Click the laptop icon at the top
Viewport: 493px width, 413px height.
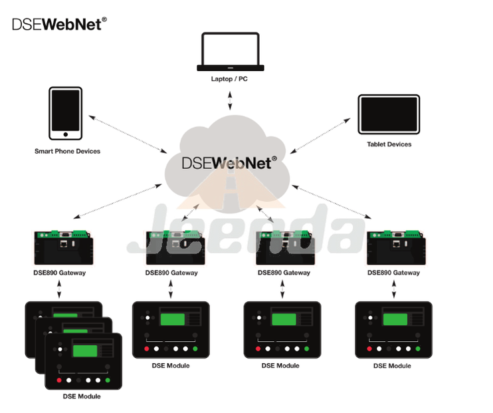(231, 51)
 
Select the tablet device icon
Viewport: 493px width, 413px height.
(389, 115)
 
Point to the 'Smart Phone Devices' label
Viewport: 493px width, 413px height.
(67, 151)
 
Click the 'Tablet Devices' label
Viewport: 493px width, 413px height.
(389, 144)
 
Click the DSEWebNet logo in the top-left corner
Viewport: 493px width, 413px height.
(59, 25)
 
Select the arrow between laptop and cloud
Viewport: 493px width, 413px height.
(231, 100)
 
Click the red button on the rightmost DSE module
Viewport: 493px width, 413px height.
(369, 348)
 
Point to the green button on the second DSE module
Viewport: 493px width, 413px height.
(195, 348)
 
